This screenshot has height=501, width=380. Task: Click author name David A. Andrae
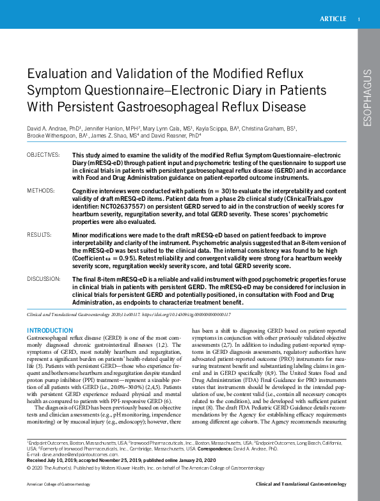[47, 128]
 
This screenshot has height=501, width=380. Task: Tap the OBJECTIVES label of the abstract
[43, 155]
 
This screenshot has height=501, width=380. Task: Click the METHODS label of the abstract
[40, 191]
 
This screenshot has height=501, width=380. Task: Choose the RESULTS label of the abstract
[39, 235]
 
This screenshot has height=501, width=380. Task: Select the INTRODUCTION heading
[49, 330]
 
